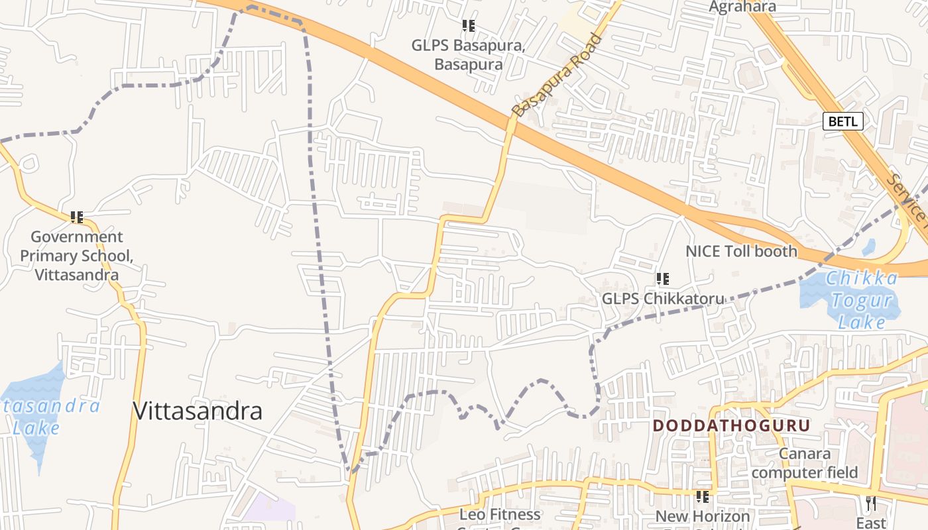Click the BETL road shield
coord(843,121)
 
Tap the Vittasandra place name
coord(198,411)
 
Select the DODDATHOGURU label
coord(732,425)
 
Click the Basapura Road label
coord(559,75)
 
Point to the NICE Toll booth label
coord(741,251)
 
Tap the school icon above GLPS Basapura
coord(469,26)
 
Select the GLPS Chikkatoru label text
coord(663,299)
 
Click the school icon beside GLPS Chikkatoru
coord(662,279)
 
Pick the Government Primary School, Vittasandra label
coord(77,256)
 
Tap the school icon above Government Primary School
coord(77,217)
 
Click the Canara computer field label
coord(804,463)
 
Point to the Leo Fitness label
coord(500,515)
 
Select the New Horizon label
coord(703,516)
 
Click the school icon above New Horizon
coord(703,496)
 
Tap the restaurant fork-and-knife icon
coord(870,503)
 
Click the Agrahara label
coord(742,7)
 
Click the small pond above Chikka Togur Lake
coord(868,248)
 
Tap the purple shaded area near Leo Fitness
coord(270,509)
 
